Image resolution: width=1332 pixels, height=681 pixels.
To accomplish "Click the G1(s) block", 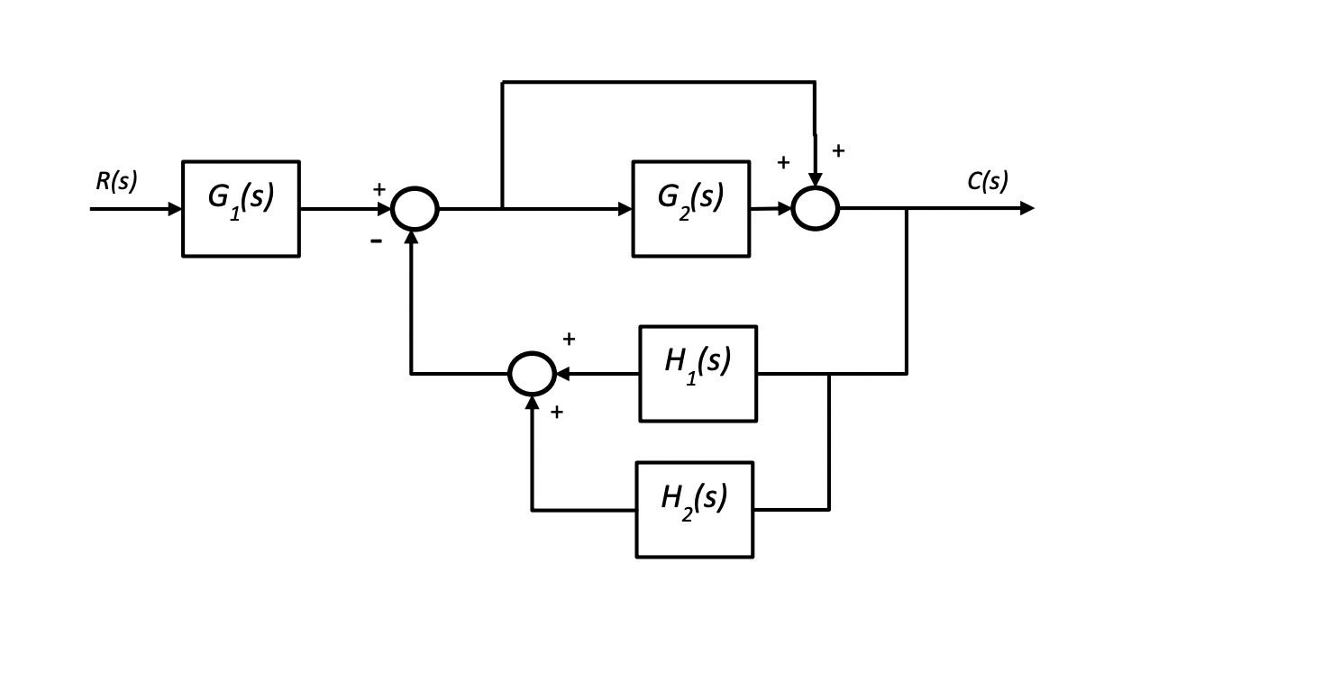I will (241, 209).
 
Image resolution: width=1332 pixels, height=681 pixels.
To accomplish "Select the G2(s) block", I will (690, 209).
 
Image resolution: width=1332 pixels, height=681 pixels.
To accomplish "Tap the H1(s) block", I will (698, 373).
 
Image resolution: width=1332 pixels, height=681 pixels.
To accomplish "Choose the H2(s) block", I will (694, 509).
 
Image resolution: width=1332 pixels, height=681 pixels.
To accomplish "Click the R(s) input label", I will (116, 181).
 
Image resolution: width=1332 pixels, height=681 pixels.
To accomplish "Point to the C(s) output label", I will (988, 181).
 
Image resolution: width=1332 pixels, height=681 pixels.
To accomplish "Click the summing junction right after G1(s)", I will (415, 209).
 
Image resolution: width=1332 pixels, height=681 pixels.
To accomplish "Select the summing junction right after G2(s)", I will (815, 209).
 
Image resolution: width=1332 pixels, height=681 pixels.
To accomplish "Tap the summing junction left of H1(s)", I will (532, 373).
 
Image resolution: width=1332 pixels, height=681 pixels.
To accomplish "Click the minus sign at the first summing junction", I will (377, 241).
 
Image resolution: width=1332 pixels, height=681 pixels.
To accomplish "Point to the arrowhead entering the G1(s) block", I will (175, 209).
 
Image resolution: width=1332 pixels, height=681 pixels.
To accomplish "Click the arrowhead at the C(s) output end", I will (1026, 208).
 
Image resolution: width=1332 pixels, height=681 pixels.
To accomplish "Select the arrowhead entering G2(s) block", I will (625, 209).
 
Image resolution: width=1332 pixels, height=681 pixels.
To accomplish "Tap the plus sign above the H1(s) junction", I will (569, 339).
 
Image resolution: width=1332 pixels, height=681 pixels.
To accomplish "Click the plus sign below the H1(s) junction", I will (556, 412).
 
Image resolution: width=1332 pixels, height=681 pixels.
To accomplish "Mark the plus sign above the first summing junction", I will (379, 189).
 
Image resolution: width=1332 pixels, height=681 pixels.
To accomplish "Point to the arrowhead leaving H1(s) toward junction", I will (564, 373).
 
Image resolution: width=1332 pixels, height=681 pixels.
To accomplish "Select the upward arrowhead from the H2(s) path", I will (532, 404).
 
